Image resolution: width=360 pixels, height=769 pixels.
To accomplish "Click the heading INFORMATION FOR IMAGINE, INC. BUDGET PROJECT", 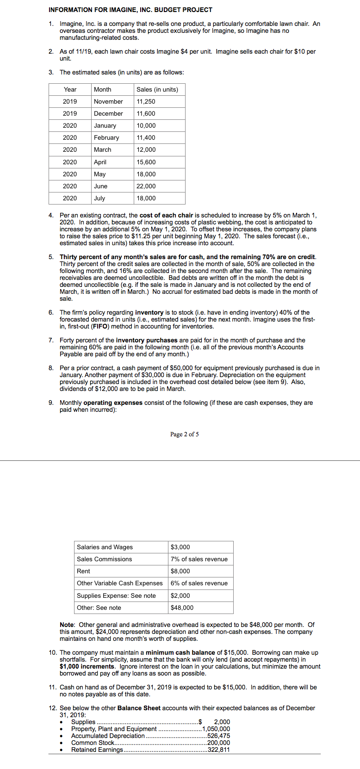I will coord(130,10).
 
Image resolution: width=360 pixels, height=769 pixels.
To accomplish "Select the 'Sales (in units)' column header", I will coord(157,89).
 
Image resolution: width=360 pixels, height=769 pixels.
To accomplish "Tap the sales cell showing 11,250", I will coord(146,101).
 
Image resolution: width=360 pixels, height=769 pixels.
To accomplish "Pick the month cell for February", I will coord(106,137).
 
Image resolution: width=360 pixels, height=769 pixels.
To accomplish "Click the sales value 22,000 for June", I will coord(146,186).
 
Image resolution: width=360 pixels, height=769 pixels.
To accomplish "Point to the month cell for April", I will coord(100,162).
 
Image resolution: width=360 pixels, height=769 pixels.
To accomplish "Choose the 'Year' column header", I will coord(70,89).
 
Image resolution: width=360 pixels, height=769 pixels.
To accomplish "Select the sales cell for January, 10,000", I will coord(146,125).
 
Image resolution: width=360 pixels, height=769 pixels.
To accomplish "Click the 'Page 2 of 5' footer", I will coord(185,434).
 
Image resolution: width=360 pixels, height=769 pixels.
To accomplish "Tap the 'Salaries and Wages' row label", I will coord(105,547).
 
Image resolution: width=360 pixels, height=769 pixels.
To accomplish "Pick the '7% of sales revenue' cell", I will coord(199,559).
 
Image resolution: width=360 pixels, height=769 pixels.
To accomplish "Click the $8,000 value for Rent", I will coord(180,571).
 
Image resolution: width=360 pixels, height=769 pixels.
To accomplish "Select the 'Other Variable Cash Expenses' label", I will coord(120,583).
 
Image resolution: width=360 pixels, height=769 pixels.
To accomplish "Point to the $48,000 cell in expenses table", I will coord(182,608).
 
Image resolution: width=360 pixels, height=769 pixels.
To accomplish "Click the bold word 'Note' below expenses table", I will coord(68,625).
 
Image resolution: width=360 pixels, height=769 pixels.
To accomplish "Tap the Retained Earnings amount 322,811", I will coord(219,750).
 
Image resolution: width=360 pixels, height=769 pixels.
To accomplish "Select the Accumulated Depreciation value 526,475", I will coord(219,736).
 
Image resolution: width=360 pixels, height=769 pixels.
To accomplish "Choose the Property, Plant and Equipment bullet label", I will coord(114,729).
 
